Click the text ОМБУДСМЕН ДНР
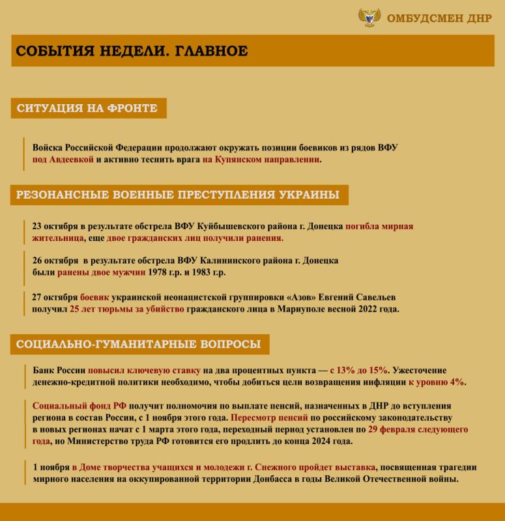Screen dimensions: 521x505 coord(439,18)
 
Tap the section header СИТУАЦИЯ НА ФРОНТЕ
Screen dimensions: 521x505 coord(87,108)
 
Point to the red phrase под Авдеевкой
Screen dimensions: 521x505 coord(63,159)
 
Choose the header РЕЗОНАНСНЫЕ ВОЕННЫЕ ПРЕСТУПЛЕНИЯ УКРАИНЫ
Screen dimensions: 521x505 coord(178,195)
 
